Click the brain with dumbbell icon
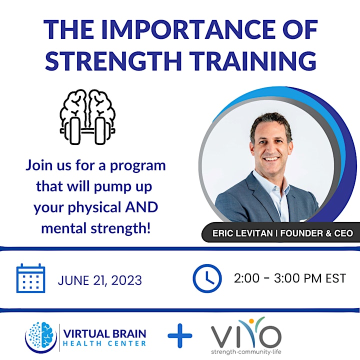coord(87,117)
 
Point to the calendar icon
coord(31,278)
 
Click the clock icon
coord(207,278)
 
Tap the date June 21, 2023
coord(100,280)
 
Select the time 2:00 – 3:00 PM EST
coord(290,278)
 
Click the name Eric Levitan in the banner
coord(242,233)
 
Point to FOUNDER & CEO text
coord(316,233)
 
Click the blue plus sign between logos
coord(180,335)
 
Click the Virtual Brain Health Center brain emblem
coord(41,337)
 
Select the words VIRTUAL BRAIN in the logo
coord(104,333)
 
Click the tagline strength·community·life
coord(246,351)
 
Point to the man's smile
coord(271,159)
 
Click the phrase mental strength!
coord(96,228)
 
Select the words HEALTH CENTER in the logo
coord(104,343)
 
